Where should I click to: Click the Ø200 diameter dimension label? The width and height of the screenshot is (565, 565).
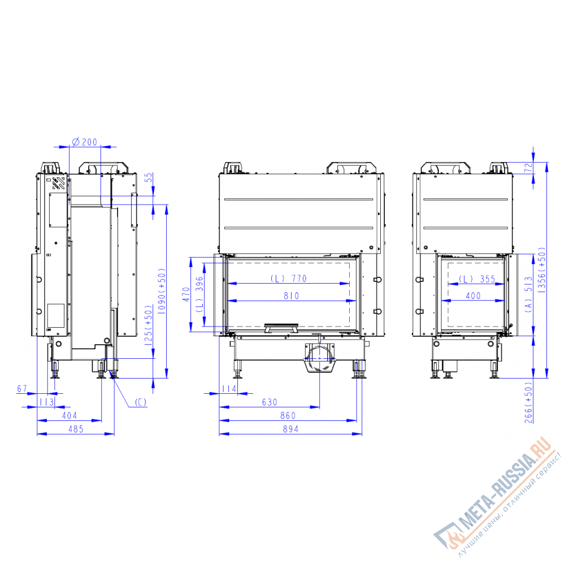tap(85, 142)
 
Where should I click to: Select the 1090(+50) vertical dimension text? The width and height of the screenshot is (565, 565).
tap(162, 291)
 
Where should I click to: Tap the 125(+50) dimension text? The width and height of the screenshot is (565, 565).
tap(148, 325)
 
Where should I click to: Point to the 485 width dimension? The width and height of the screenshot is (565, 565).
tap(76, 429)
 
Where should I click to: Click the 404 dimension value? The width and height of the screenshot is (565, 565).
tap(69, 415)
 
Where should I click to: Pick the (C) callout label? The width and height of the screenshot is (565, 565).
tap(141, 402)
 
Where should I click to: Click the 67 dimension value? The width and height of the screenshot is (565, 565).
tap(22, 389)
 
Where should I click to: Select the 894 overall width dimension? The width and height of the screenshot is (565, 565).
tap(290, 429)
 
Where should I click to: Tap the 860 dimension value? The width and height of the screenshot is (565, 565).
tap(288, 415)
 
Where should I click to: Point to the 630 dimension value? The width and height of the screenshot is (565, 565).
tap(270, 402)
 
